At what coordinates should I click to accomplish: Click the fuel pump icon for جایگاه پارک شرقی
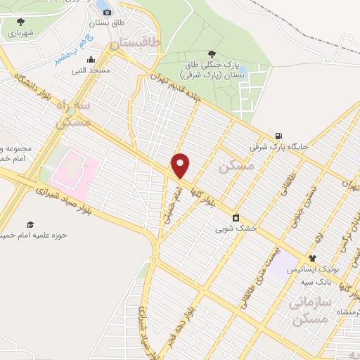coord(279,136)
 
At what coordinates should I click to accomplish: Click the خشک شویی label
coord(236,229)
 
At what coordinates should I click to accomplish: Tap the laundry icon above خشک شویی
coord(236,217)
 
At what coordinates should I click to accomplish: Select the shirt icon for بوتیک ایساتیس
coord(312,258)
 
